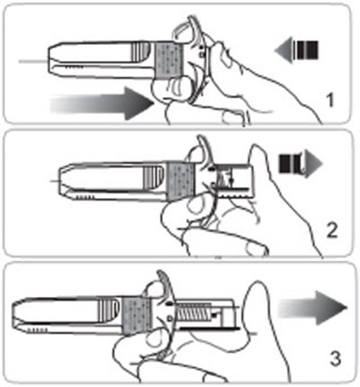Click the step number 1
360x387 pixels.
(x=330, y=101)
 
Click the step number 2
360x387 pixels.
(x=331, y=231)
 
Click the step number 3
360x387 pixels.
(x=336, y=358)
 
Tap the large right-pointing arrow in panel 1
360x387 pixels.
(x=102, y=103)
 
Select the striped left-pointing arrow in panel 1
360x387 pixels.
(x=296, y=49)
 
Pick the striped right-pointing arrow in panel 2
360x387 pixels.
(x=301, y=164)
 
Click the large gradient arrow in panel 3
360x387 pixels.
(x=312, y=309)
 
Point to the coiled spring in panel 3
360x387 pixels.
(x=191, y=312)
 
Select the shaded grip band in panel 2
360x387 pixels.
(x=181, y=182)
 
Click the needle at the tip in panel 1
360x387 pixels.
(x=33, y=62)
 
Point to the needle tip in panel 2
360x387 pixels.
(x=55, y=181)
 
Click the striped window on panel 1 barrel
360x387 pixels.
(x=141, y=51)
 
